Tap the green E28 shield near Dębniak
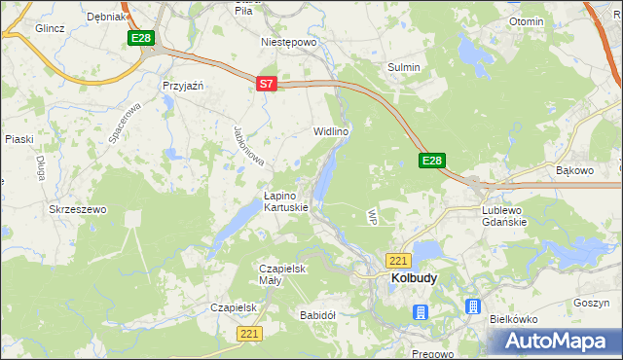141,38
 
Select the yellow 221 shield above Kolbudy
397,261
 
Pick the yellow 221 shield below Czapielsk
249,334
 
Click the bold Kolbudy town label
414,278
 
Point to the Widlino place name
330,130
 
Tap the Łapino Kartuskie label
286,201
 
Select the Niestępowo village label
290,43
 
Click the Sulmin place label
404,67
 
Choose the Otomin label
526,21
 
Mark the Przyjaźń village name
182,86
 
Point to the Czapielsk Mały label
283,274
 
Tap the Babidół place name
318,315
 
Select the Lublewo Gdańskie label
504,215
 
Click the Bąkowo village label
574,170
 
